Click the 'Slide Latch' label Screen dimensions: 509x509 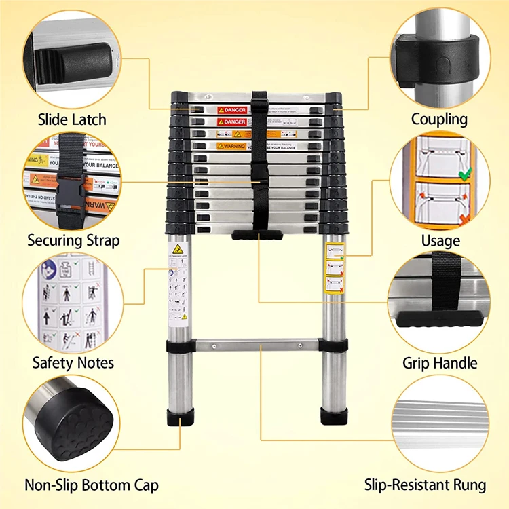tap(72, 119)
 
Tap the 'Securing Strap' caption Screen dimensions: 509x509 tap(73, 240)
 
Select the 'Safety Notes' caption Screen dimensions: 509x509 tap(73, 362)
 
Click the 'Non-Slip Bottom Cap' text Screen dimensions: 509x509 tap(92, 485)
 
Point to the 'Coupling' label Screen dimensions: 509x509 tap(439, 119)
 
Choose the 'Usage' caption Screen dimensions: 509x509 tap(440, 240)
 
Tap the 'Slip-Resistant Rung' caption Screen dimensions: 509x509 tap(425, 485)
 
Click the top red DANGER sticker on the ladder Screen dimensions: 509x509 tap(231, 109)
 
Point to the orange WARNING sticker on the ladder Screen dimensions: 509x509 tap(231, 145)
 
